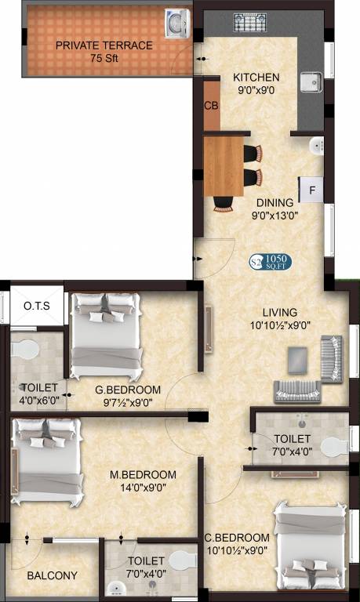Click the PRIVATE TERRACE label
pyautogui.click(x=104, y=45)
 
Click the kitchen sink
pyautogui.click(x=311, y=82)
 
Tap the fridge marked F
pyautogui.click(x=311, y=190)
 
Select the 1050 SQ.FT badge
pyautogui.click(x=271, y=262)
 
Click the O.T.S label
pyautogui.click(x=37, y=306)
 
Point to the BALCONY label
pyautogui.click(x=52, y=575)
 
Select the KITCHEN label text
pyautogui.click(x=256, y=78)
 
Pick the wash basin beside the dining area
pyautogui.click(x=318, y=145)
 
